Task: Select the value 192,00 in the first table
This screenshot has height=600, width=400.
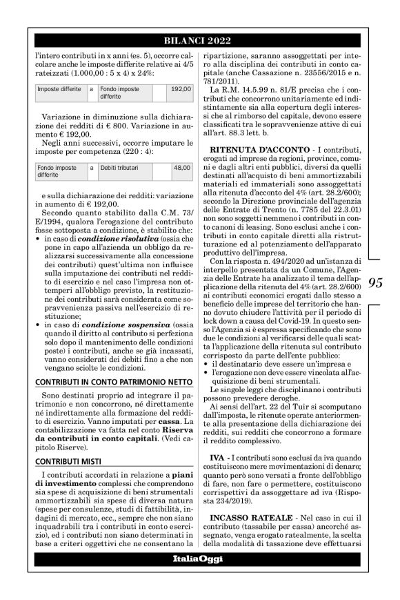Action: click(180, 89)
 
